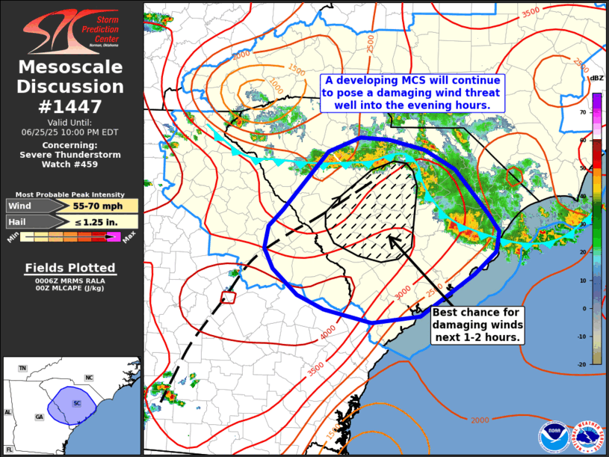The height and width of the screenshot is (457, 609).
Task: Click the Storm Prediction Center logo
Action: click(71, 31)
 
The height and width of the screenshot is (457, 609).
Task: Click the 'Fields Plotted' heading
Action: click(70, 268)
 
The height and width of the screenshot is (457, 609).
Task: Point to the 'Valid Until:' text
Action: click(71, 122)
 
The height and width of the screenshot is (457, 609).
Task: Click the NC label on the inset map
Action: click(89, 378)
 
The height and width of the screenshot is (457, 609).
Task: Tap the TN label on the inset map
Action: click(22, 368)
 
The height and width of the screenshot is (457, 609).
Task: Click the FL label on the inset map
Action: click(10, 449)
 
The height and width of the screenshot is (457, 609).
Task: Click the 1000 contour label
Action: click(276, 84)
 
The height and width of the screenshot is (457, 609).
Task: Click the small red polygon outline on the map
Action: click(229, 298)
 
